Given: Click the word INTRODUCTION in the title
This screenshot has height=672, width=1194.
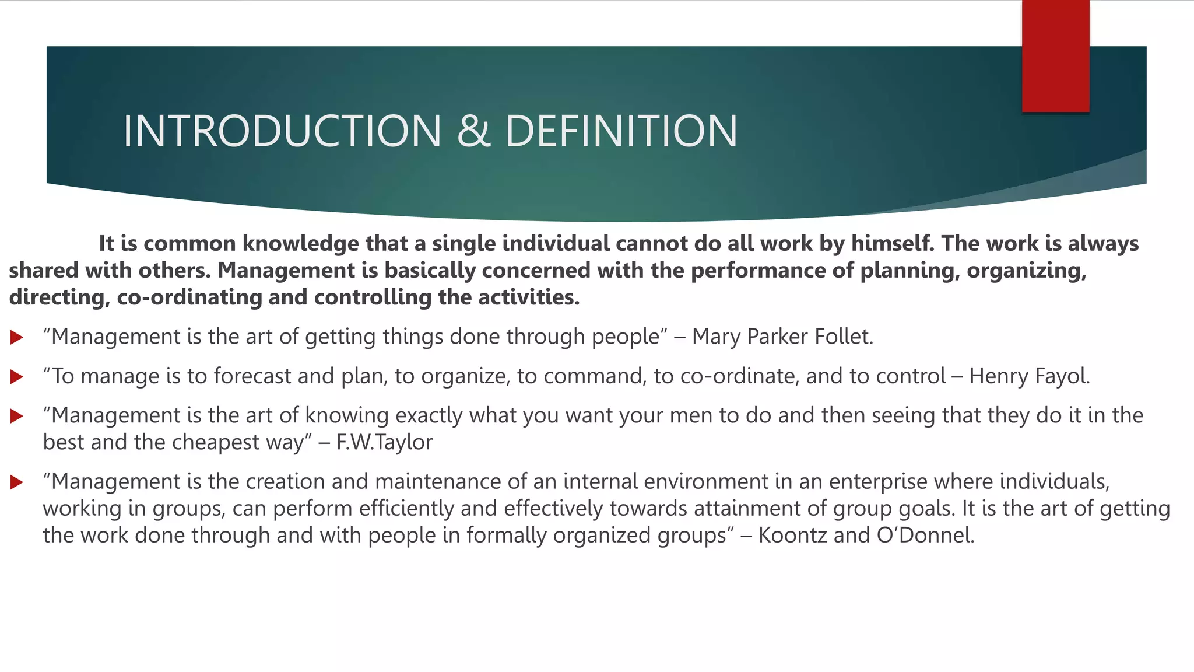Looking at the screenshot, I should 282,131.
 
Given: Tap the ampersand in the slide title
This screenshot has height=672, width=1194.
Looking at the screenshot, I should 473,131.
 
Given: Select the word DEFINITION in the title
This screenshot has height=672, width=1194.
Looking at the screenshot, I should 621,131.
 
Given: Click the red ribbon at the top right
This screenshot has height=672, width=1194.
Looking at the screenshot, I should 1055,56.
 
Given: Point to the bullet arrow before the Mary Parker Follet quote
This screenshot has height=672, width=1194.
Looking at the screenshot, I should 17,337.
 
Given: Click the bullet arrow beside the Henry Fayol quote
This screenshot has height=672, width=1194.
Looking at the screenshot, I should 17,377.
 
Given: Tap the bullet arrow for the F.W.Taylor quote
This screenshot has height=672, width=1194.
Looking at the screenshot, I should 17,416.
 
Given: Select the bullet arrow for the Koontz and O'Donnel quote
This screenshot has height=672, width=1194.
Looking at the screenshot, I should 17,482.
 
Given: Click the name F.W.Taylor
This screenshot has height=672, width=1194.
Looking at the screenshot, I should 384,442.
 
